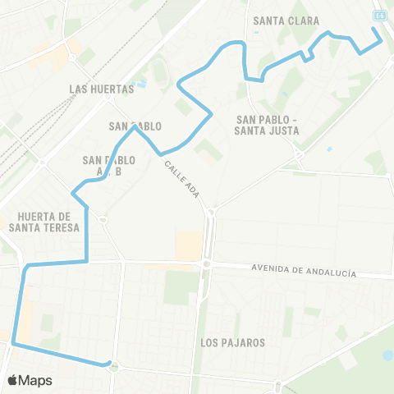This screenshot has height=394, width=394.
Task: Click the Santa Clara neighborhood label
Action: click(286, 21)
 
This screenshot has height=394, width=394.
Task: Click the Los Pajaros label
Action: click(232, 342)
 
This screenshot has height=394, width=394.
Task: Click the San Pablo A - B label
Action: click(108, 165)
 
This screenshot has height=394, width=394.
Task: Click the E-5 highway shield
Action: click(379, 15)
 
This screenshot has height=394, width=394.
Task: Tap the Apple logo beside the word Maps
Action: click(13, 380)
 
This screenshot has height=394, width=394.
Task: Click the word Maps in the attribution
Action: click(35, 380)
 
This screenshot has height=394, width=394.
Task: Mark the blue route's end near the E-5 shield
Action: click(374, 30)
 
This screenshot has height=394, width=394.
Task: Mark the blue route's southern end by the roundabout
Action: click(108, 363)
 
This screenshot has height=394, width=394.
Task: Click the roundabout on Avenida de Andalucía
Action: click(207, 264)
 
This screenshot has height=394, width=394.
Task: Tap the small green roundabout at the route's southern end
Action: click(114, 367)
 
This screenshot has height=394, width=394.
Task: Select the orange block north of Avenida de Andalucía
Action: click(190, 245)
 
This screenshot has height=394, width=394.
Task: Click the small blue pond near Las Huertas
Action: click(142, 83)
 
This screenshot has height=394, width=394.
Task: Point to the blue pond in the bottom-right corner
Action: click(387, 355)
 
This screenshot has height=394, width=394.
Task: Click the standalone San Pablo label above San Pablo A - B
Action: click(135, 126)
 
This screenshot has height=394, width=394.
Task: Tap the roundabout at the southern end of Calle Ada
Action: click(211, 211)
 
